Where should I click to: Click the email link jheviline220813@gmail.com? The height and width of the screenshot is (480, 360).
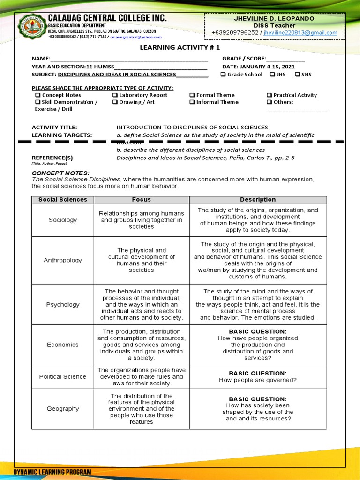click(300, 33)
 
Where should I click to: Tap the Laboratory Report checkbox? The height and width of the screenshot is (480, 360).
click(115, 95)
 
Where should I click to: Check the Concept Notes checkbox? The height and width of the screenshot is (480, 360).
click(37, 95)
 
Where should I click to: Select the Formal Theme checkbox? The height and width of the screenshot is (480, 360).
click(192, 95)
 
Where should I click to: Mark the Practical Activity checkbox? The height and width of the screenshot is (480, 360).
click(269, 95)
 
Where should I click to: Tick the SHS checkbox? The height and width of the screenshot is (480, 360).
click(297, 75)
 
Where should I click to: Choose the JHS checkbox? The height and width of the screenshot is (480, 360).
click(272, 75)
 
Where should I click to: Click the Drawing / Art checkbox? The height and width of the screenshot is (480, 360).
click(115, 102)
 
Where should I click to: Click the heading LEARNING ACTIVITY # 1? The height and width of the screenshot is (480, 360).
click(180, 47)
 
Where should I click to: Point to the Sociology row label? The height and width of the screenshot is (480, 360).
click(63, 220)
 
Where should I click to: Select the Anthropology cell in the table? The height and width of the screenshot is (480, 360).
click(63, 260)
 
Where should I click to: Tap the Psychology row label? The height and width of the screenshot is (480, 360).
click(63, 305)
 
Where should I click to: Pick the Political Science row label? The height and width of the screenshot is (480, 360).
click(63, 377)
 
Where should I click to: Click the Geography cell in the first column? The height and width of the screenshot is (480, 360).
click(63, 409)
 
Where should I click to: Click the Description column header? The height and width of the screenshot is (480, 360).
click(258, 200)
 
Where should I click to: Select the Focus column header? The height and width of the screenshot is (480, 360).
click(142, 200)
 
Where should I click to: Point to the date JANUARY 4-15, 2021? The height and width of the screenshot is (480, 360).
click(270, 67)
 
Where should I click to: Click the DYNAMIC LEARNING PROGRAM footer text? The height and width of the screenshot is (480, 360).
click(52, 472)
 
